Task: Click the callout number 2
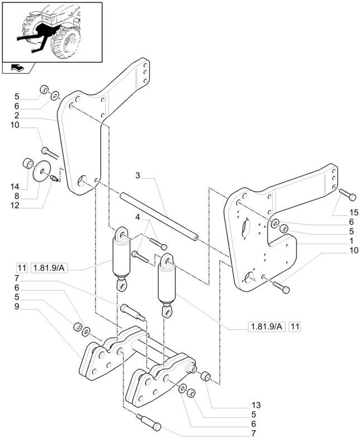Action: (x=17, y=116)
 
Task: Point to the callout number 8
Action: (x=17, y=196)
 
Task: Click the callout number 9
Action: (x=17, y=306)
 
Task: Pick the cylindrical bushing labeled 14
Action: (x=26, y=165)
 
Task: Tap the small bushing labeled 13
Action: (x=205, y=377)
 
